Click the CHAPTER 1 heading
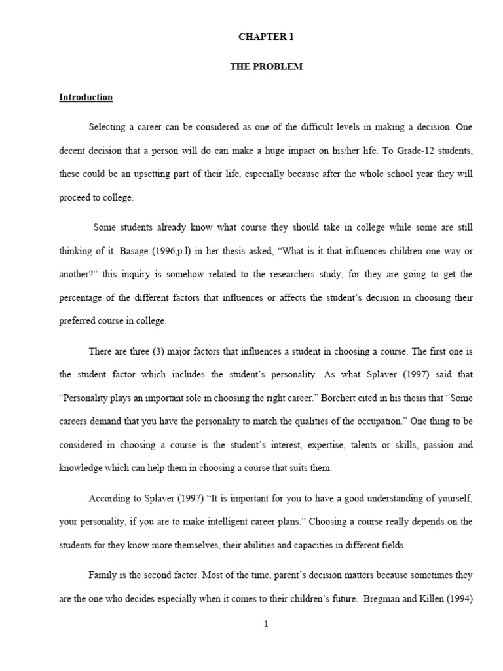[266, 37]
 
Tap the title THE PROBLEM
[266, 67]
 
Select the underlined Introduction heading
[86, 98]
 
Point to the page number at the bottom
[266, 624]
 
